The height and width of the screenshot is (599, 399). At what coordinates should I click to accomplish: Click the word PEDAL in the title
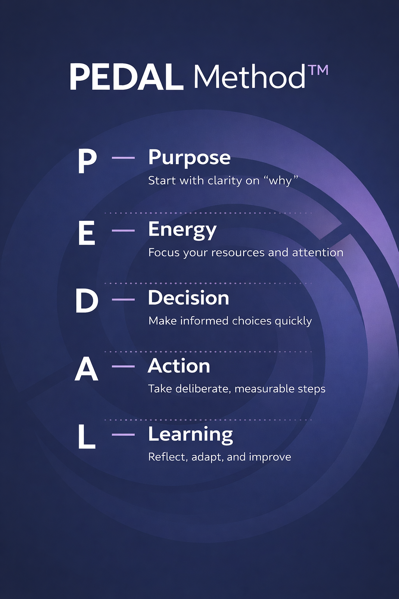126,77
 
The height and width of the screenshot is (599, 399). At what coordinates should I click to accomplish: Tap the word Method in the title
249,76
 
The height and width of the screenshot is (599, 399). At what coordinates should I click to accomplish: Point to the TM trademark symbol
318,70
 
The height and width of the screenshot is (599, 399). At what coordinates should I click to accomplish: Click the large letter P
87,161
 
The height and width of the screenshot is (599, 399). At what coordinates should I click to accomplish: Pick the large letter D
87,301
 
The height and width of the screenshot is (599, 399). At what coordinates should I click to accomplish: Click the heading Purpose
189,158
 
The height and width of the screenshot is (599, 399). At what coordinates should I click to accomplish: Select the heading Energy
182,230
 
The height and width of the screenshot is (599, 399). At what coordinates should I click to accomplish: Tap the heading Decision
189,298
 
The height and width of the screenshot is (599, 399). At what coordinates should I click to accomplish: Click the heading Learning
191,435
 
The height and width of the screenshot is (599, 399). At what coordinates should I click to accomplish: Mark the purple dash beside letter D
123,299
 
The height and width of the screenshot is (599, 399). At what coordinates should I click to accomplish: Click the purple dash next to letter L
123,435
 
